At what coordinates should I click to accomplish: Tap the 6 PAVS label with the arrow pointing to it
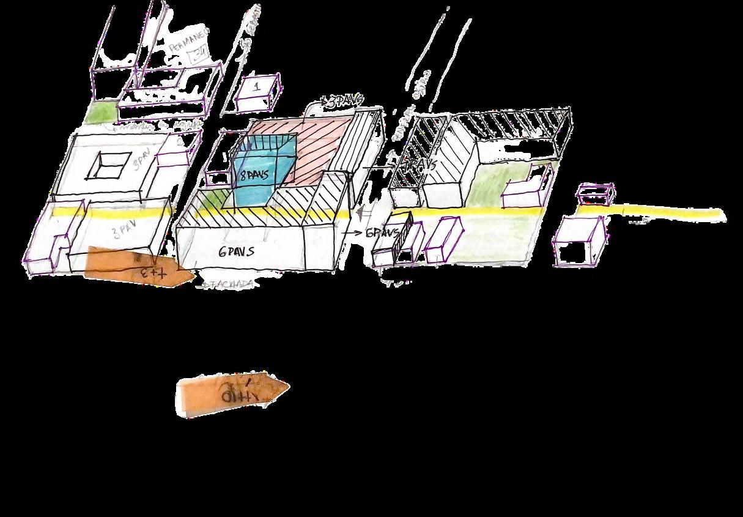coord(382,233)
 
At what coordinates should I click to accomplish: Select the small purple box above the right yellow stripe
coord(595,195)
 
